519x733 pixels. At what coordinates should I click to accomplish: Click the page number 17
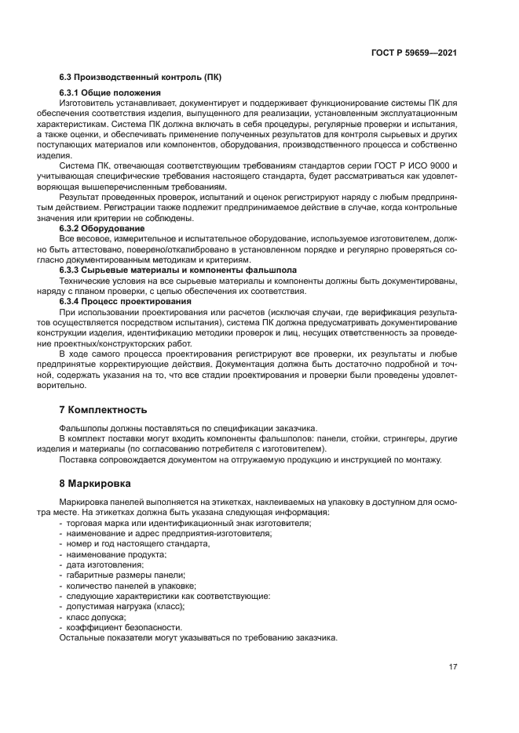[453, 667]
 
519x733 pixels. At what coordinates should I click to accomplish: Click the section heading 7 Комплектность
[103, 410]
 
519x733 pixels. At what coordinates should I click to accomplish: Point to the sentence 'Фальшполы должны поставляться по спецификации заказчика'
[188, 428]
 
